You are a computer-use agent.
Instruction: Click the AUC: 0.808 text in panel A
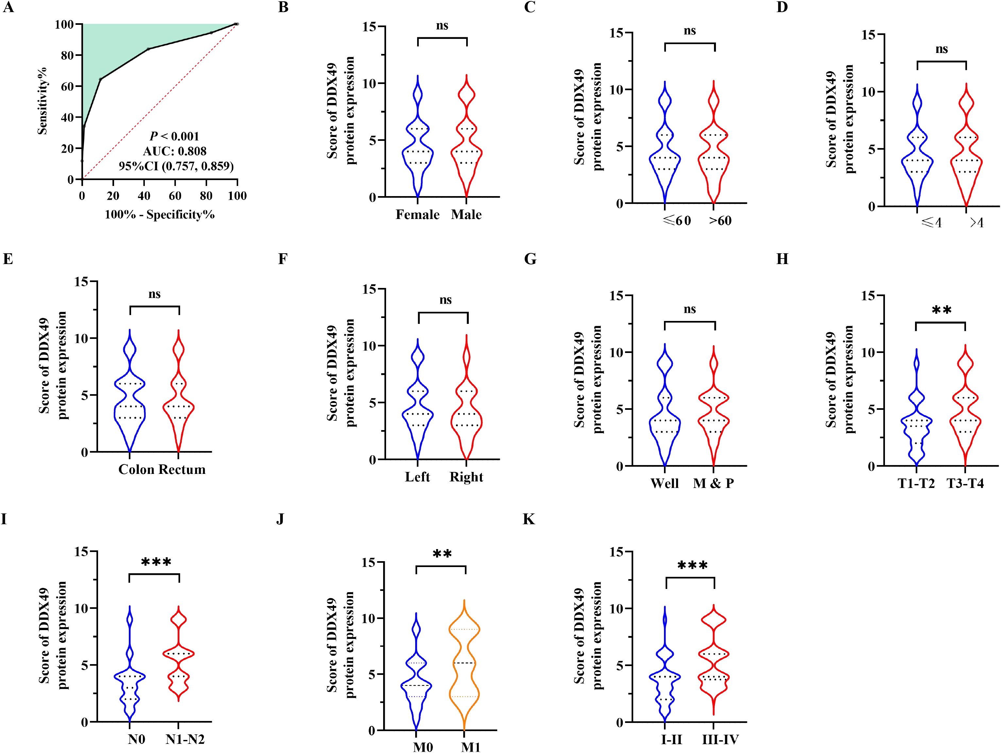click(x=175, y=151)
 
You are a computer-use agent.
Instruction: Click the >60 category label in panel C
click(x=720, y=221)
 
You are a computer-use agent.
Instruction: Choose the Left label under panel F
click(x=417, y=477)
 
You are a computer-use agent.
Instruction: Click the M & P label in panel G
click(x=714, y=483)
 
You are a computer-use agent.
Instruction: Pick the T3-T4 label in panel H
click(x=965, y=484)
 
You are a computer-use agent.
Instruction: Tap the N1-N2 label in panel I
click(x=185, y=739)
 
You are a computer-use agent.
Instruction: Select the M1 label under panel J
click(x=471, y=747)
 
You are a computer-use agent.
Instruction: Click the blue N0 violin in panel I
click(x=130, y=674)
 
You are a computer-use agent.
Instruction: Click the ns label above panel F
click(x=445, y=300)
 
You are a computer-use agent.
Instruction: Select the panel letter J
click(x=280, y=519)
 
